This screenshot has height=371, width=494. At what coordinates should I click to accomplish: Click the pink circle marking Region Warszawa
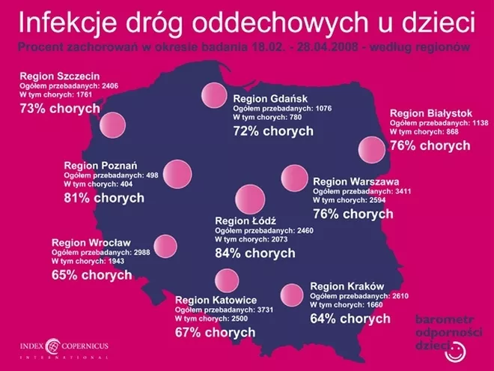pos(294,178)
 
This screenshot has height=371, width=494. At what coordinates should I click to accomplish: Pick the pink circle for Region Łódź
pos(248,199)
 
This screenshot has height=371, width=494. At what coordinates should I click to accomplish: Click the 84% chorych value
pos(255,253)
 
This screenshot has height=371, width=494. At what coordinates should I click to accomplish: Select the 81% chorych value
pos(104,199)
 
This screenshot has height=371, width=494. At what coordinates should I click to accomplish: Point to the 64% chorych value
pos(350,319)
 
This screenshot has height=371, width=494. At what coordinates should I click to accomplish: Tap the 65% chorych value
pos(92,274)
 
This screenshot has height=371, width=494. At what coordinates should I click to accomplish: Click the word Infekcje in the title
pos(64,23)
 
